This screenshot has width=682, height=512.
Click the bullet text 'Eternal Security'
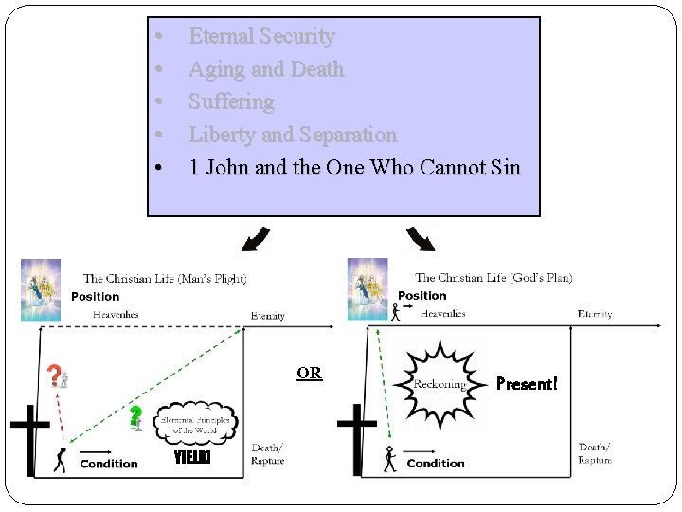click(x=261, y=36)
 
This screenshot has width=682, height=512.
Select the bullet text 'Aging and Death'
click(x=266, y=69)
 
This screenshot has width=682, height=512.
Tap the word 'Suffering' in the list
click(x=231, y=101)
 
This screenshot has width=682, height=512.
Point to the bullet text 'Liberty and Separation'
click(x=292, y=135)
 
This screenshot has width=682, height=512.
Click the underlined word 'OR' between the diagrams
click(x=310, y=373)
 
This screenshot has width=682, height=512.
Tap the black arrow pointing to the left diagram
click(x=255, y=239)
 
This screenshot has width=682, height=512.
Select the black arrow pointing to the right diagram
click(x=420, y=239)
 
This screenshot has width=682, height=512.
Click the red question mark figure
click(x=58, y=376)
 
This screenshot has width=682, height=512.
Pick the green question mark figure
click(x=137, y=416)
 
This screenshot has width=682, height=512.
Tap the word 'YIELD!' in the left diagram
click(x=192, y=459)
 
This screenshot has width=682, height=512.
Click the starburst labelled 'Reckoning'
click(x=440, y=382)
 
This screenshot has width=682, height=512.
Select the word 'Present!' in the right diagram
click(x=528, y=384)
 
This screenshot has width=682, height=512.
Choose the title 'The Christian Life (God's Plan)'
click(x=494, y=278)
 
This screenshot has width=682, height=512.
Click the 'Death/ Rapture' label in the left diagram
click(x=267, y=454)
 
